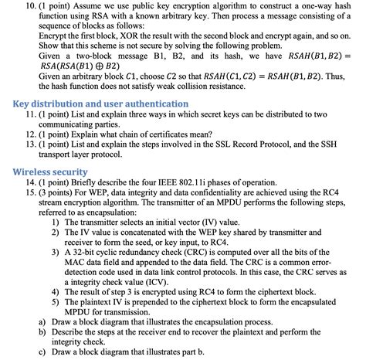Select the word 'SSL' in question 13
(x=228, y=144)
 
